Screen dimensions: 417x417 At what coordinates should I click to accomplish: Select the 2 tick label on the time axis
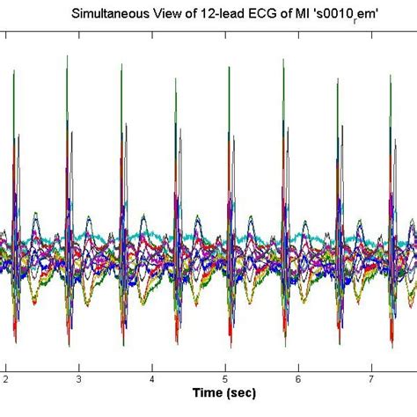coord(5,378)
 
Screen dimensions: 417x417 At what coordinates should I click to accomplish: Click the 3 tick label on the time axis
coord(78,378)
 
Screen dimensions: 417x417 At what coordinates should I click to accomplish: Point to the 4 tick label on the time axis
coord(152,378)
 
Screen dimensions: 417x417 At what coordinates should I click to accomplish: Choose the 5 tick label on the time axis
coord(225,378)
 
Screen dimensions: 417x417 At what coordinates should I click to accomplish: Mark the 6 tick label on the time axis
coord(299,378)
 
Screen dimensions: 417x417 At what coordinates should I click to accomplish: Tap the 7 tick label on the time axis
coord(372,378)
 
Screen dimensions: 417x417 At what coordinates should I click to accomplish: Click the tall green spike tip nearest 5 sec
coord(229,64)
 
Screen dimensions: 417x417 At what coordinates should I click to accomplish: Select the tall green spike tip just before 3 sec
coord(67,57)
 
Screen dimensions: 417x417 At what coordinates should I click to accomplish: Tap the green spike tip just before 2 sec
coord(14,73)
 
